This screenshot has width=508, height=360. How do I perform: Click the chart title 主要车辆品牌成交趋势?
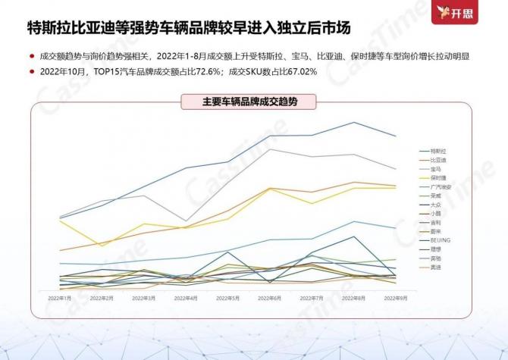(x=250, y=102)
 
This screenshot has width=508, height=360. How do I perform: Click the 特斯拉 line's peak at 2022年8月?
(x=353, y=122)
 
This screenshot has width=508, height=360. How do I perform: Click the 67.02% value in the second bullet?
(x=308, y=70)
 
